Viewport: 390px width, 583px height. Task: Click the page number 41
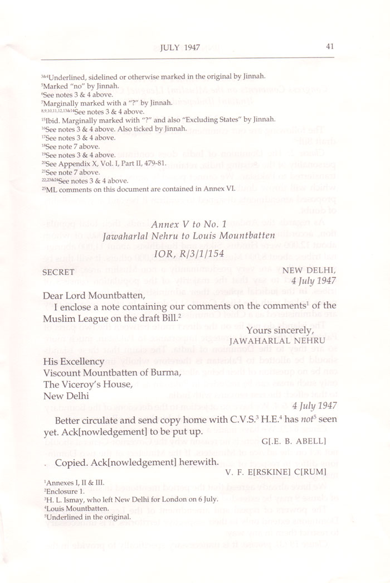click(x=330, y=47)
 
